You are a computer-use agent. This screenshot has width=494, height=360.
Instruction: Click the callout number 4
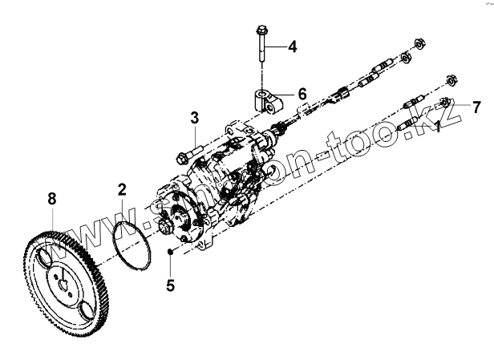pyautogui.click(x=293, y=47)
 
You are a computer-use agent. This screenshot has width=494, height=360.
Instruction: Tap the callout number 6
pyautogui.click(x=302, y=94)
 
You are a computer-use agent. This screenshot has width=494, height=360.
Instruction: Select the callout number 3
pyautogui.click(x=194, y=119)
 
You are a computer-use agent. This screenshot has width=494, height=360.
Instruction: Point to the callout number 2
pyautogui.click(x=122, y=190)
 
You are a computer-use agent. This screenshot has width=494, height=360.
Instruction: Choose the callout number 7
pyautogui.click(x=476, y=107)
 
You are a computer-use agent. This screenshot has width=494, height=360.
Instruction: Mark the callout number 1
pyautogui.click(x=438, y=127)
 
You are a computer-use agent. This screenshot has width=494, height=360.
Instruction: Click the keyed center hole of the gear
pyautogui.click(x=63, y=280)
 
